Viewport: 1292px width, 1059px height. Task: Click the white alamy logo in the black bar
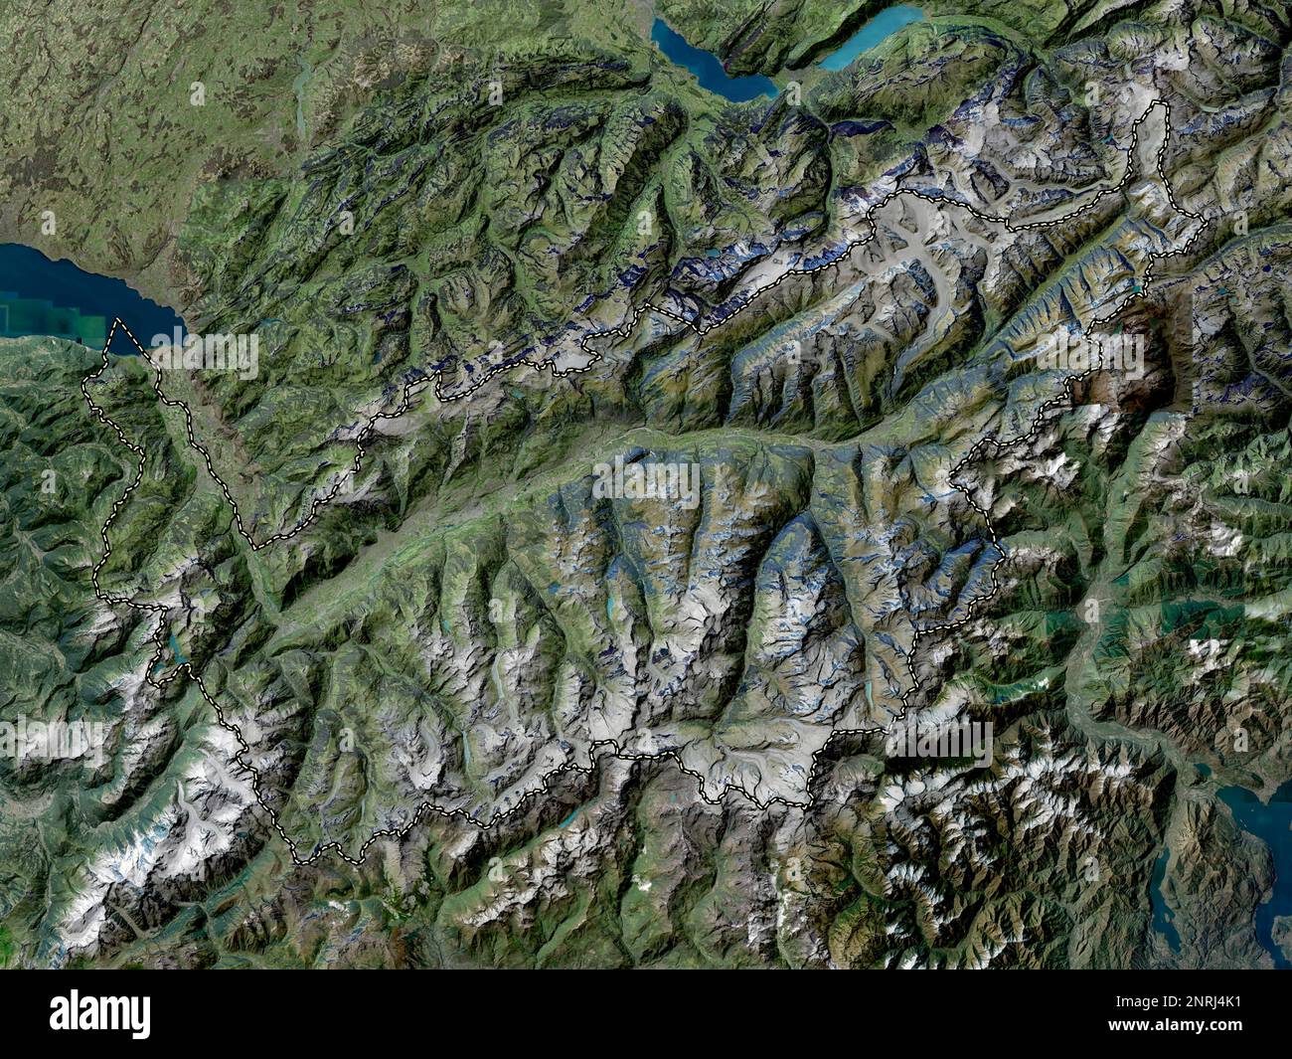coord(100,1014)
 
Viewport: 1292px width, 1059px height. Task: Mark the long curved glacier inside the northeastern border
coord(924,288)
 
